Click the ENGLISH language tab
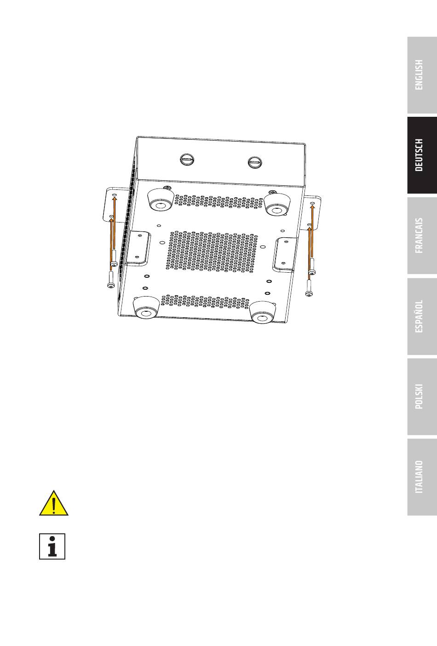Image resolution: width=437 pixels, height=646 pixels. pyautogui.click(x=422, y=75)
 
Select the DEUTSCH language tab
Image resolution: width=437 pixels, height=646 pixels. pyautogui.click(x=422, y=155)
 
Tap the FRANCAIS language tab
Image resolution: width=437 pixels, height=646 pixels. pyautogui.click(x=422, y=235)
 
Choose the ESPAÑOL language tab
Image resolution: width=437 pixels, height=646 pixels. pyautogui.click(x=422, y=316)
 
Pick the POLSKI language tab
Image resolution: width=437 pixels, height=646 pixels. pyautogui.click(x=422, y=396)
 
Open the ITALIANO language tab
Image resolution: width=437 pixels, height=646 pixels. pyautogui.click(x=422, y=477)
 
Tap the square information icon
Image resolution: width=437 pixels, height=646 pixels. pyautogui.click(x=52, y=547)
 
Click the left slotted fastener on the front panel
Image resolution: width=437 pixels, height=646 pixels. pyautogui.click(x=187, y=159)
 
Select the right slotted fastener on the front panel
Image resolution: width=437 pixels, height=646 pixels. pyautogui.click(x=255, y=162)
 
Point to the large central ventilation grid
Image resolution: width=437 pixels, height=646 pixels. pyautogui.click(x=212, y=251)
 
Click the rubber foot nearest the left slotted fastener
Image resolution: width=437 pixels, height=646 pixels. pyautogui.click(x=161, y=200)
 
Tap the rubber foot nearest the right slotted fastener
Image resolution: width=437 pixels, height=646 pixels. pyautogui.click(x=276, y=206)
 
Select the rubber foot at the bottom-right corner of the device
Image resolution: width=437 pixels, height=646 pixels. pyautogui.click(x=262, y=312)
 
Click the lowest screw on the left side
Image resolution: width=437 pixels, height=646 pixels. pyautogui.click(x=111, y=280)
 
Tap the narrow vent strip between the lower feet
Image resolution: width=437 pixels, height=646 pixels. pyautogui.click(x=205, y=302)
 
